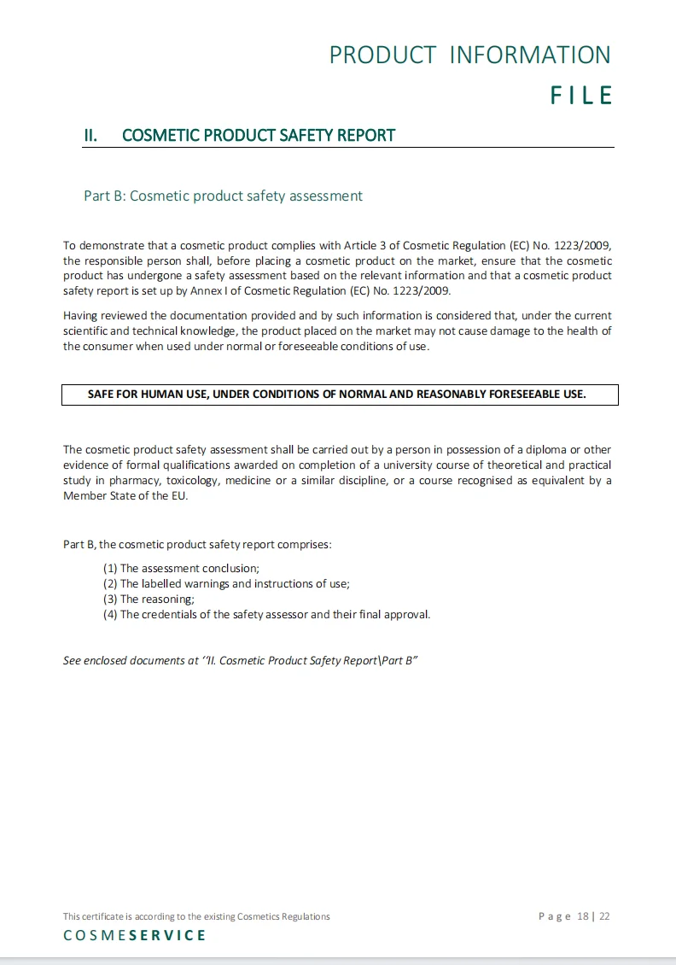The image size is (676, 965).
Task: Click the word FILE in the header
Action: click(581, 95)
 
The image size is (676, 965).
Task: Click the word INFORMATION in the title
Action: click(530, 55)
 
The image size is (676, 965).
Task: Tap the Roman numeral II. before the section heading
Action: click(90, 135)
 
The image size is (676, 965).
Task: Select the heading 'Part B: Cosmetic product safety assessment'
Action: click(223, 196)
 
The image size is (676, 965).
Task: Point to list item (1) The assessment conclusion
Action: click(181, 568)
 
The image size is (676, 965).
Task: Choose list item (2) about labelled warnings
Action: click(226, 583)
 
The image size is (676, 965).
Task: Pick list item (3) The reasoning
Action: click(149, 599)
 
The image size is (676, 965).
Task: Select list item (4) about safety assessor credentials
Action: click(266, 614)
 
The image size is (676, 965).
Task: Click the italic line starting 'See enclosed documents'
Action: click(240, 660)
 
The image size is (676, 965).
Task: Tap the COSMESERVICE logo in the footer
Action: click(135, 935)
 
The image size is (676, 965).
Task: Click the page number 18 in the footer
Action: click(583, 916)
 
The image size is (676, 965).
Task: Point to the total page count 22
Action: click(604, 916)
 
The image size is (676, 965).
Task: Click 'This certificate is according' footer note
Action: click(196, 916)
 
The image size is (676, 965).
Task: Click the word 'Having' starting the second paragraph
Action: click(80, 316)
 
